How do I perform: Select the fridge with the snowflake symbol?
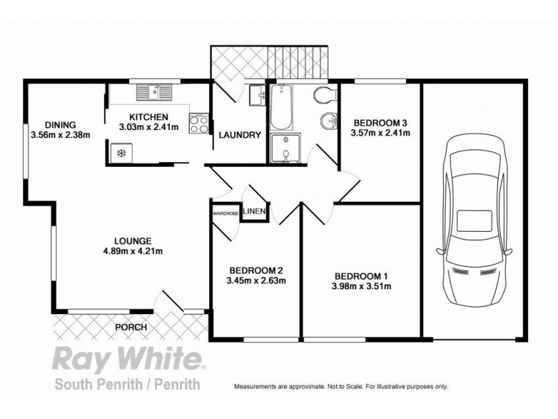(x=119, y=152)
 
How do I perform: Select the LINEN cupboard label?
(x=254, y=211)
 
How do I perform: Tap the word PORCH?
(x=130, y=327)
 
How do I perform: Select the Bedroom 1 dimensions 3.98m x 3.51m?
(x=361, y=286)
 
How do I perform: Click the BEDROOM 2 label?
(x=257, y=271)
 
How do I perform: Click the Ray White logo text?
(x=128, y=361)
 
